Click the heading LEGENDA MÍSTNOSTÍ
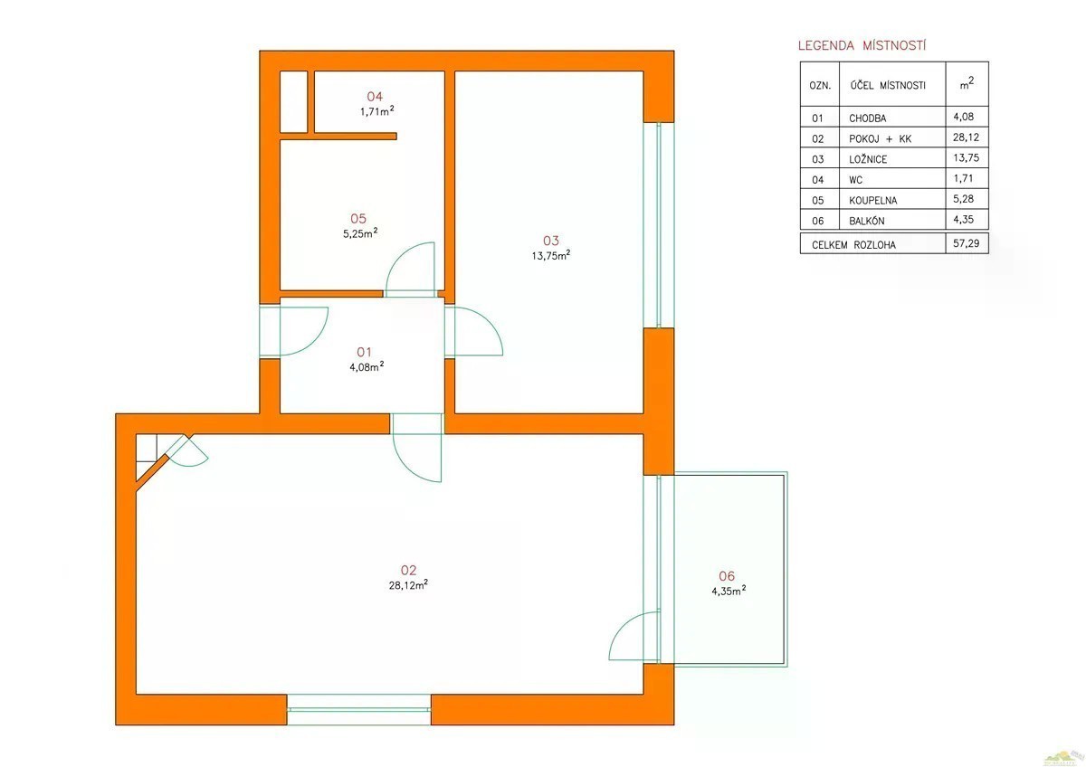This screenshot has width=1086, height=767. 862,45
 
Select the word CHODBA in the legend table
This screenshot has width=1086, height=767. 867,118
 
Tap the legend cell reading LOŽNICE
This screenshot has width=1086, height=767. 868,159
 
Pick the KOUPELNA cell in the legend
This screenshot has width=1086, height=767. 872,201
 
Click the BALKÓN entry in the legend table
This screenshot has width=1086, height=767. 867,221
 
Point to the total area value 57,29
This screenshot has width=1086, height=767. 967,243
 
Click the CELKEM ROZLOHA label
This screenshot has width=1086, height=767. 853,245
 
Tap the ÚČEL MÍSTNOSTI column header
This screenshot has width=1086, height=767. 888,85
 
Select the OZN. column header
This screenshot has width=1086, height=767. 820,86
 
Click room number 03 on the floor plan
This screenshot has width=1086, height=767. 551,241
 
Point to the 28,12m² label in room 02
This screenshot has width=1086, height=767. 408,585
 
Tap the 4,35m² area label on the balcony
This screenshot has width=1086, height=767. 729,591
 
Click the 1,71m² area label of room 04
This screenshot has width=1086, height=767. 376,111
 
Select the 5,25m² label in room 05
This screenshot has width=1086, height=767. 360,233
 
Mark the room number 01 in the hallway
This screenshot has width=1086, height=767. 364,352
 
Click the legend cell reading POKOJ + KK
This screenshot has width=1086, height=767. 880,139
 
